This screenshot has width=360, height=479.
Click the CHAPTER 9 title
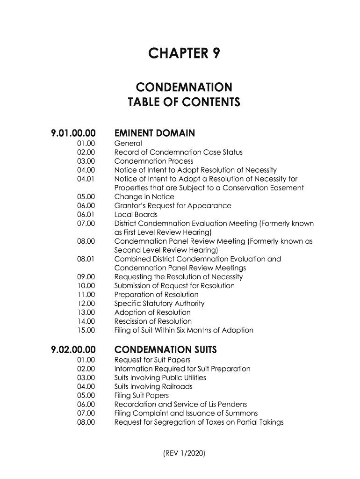point(183,54)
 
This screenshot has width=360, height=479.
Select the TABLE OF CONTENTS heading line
point(183,102)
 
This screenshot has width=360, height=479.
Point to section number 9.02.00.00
point(73,349)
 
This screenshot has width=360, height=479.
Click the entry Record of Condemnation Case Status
point(179,152)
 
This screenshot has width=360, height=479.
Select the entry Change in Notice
point(144,197)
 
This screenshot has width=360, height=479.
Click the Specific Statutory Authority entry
point(159,304)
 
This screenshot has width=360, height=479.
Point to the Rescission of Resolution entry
point(153,321)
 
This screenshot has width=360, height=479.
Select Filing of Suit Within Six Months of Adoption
point(184,330)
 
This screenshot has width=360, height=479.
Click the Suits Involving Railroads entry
point(153,387)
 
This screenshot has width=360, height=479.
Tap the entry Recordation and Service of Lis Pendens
point(180,405)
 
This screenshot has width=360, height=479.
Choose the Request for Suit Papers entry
point(152,360)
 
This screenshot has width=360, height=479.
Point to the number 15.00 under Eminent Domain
point(86,330)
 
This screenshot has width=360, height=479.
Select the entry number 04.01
point(86,179)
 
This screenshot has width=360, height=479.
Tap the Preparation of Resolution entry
point(156,295)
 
